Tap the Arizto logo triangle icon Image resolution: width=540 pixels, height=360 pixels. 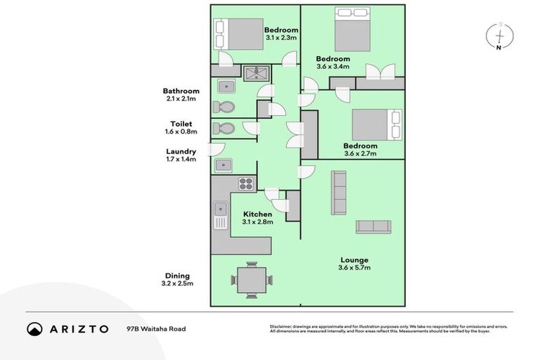34,329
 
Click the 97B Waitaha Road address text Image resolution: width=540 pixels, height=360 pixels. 156,329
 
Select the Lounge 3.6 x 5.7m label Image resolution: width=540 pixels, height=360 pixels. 354,264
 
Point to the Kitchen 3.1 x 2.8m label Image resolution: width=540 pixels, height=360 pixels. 257,218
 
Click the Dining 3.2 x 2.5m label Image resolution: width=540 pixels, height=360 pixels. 178,280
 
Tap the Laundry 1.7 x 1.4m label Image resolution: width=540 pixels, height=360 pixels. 181,155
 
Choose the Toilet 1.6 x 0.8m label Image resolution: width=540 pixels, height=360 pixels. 181,127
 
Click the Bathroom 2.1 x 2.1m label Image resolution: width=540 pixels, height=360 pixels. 181,95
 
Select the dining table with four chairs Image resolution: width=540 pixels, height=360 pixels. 251,280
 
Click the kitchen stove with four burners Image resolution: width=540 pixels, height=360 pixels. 246,184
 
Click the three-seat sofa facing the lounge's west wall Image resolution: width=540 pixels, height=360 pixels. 339,193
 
